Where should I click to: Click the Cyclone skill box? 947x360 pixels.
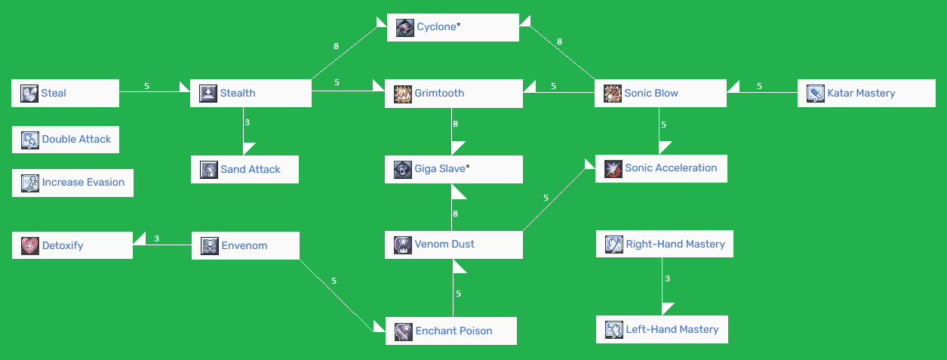click(453, 27)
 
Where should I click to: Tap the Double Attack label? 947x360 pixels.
click(76, 140)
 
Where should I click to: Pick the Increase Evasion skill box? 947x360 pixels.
click(72, 183)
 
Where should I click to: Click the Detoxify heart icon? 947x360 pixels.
click(30, 245)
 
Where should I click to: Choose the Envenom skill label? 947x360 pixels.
click(244, 246)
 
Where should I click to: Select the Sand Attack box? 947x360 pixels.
click(244, 170)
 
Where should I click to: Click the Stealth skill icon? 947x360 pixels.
click(208, 93)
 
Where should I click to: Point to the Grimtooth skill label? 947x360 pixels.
click(439, 94)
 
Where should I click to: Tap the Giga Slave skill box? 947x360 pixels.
click(453, 169)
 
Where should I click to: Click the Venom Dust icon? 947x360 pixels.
click(403, 245)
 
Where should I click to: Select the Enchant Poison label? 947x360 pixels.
click(454, 331)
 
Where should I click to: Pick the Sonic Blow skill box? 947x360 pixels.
click(660, 94)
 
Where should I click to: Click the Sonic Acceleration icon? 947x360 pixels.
click(613, 168)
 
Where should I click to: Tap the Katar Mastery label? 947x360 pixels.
click(861, 94)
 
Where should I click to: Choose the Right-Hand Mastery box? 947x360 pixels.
click(664, 244)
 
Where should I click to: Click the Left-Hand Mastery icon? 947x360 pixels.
click(614, 329)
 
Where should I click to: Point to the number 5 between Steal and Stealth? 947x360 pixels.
click(146, 86)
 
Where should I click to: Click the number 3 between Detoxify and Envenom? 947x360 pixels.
click(156, 238)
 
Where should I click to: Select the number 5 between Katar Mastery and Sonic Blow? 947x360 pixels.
click(759, 86)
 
